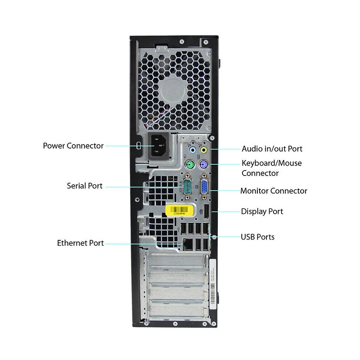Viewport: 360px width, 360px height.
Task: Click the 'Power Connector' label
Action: (73, 146)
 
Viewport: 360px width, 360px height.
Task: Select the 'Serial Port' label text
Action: (85, 185)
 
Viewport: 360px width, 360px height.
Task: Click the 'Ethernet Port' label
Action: (81, 243)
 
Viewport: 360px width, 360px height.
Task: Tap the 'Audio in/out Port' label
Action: (272, 148)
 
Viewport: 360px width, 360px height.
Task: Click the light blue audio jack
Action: (193, 150)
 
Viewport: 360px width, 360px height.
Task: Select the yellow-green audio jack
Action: (204, 150)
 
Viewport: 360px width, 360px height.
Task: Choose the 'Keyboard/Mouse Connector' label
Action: (272, 168)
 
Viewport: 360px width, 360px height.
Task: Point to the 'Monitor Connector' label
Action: (274, 191)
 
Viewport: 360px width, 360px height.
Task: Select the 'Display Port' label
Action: (262, 211)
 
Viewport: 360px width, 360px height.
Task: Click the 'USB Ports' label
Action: (257, 237)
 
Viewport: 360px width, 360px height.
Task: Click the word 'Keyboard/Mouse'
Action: (272, 163)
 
